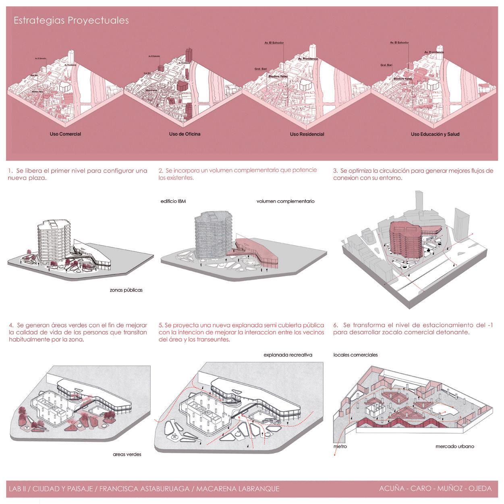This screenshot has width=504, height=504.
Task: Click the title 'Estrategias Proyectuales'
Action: [71, 21]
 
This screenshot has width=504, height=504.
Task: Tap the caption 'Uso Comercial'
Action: [65, 134]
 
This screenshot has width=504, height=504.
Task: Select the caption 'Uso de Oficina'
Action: [185, 134]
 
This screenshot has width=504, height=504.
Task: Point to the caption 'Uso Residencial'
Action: [307, 134]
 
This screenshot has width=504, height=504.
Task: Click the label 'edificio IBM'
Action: [173, 201]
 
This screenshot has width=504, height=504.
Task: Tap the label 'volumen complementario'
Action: [285, 201]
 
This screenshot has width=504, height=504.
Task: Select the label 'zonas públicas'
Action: [126, 290]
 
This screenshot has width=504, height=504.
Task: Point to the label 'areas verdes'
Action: [127, 454]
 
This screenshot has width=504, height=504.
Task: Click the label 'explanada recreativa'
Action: [288, 355]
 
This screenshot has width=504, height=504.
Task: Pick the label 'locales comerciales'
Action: [355, 355]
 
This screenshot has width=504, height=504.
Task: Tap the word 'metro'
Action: [340, 446]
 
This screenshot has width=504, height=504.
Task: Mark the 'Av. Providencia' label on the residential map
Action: [308, 59]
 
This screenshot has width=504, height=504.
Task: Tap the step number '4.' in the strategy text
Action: [11, 325]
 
